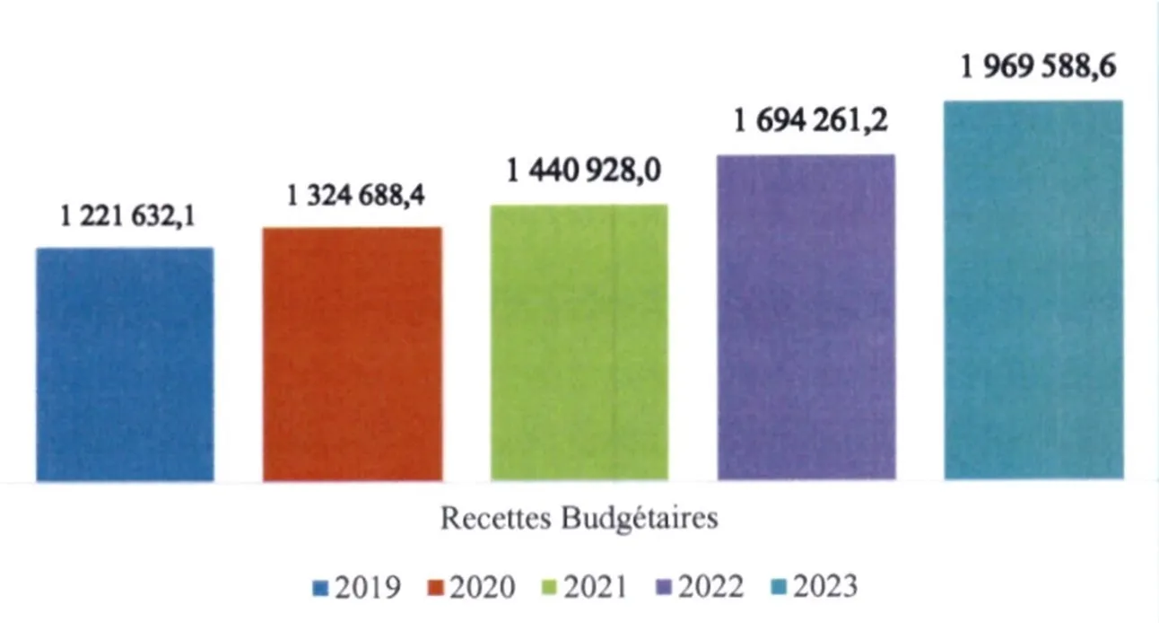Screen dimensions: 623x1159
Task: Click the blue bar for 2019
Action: [125, 364]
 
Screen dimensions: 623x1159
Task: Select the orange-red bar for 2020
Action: [352, 354]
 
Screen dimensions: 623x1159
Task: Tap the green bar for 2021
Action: [579, 342]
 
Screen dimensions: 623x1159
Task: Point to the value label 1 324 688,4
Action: [354, 196]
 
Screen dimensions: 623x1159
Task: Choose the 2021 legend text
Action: [595, 587]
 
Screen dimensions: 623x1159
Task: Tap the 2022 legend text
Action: [709, 587]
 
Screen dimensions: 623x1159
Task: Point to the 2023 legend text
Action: [823, 587]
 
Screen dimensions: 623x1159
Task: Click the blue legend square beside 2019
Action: [320, 589]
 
